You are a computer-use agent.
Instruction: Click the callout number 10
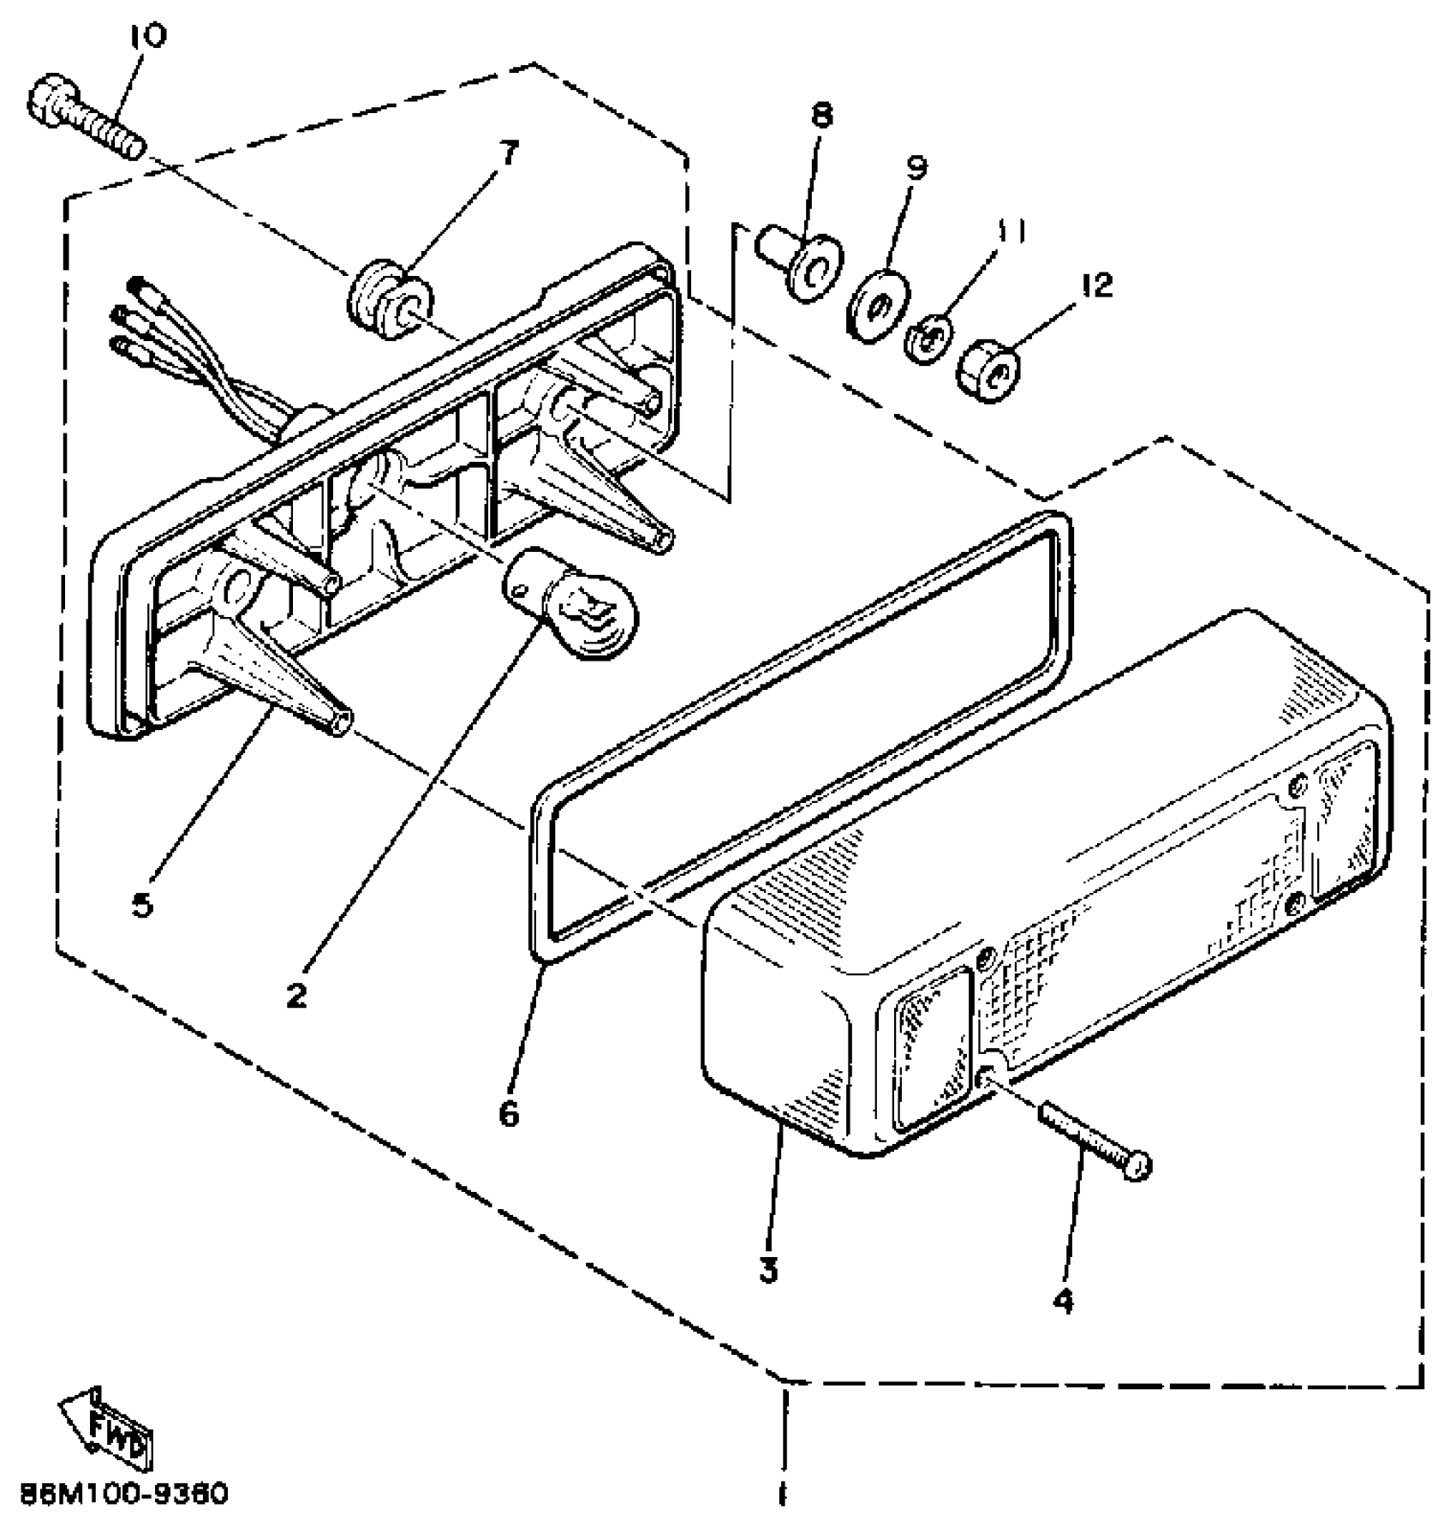pyautogui.click(x=149, y=36)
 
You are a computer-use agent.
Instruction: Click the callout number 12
pyautogui.click(x=1095, y=285)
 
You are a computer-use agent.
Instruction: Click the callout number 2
pyautogui.click(x=296, y=995)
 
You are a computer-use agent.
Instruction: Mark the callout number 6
pyautogui.click(x=509, y=1113)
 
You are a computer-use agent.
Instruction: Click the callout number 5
pyautogui.click(x=142, y=903)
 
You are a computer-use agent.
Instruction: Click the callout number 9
pyautogui.click(x=916, y=167)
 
